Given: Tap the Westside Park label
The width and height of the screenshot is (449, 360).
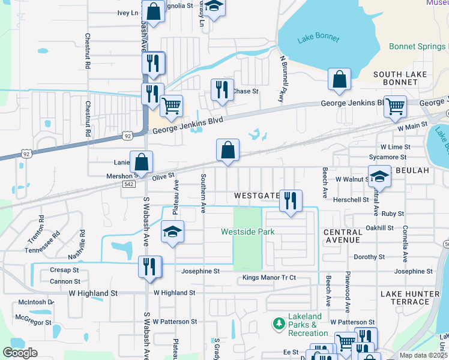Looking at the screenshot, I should (247, 232).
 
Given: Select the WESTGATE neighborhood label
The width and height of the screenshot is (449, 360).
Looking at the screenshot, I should (257, 196).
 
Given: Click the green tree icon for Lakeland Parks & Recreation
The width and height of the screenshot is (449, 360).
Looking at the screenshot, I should (279, 324).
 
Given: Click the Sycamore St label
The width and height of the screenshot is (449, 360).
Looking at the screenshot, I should (389, 157).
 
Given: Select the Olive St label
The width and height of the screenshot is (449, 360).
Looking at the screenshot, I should (163, 176).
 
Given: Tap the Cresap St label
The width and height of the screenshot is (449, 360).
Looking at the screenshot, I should (65, 271).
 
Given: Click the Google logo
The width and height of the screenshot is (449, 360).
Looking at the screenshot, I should (20, 353).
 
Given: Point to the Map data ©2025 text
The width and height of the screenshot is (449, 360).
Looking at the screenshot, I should (423, 355).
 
